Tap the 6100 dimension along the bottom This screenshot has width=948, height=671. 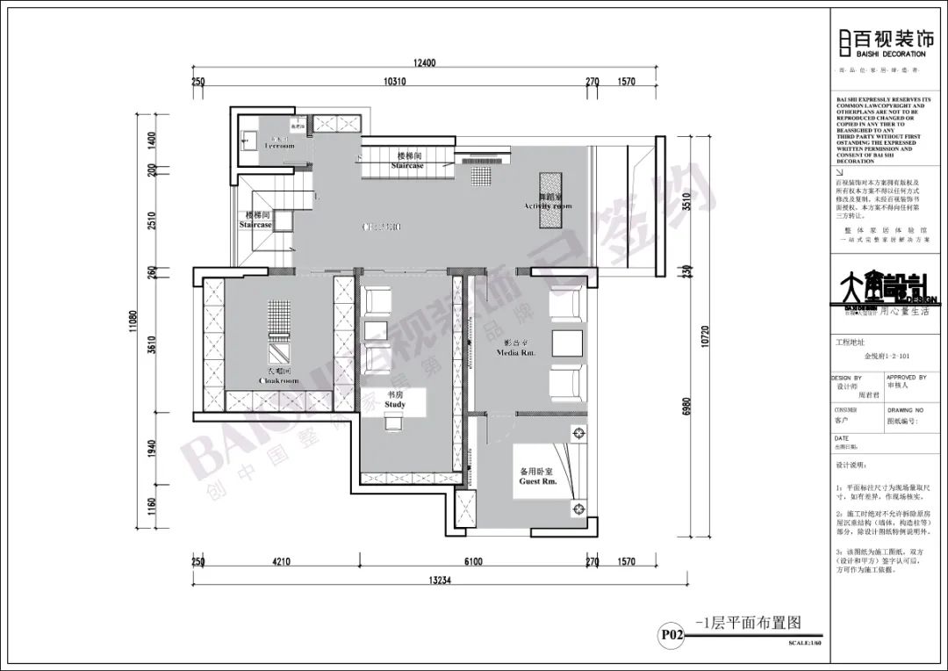click(471, 561)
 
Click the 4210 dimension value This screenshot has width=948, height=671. click(281, 561)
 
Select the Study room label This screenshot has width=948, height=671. click(395, 400)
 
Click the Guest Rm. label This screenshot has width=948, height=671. click(538, 476)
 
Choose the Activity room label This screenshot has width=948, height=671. click(548, 202)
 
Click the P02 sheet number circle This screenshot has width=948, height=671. click(671, 633)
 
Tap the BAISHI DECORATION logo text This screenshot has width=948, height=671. click(875, 54)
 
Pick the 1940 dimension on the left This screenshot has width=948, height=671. click(151, 449)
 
